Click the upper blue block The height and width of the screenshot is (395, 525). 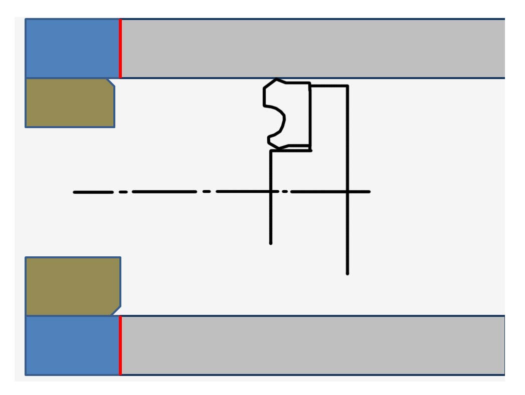pyautogui.click(x=72, y=48)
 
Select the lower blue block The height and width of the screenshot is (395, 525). pyautogui.click(x=72, y=345)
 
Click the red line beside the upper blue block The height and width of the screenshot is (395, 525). pyautogui.click(x=120, y=48)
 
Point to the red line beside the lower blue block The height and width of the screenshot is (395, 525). pyautogui.click(x=120, y=345)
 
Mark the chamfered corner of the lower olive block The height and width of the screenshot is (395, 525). pyautogui.click(x=116, y=311)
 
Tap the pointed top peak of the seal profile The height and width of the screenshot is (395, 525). pyautogui.click(x=276, y=79)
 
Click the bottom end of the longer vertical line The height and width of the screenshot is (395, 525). pyautogui.click(x=347, y=273)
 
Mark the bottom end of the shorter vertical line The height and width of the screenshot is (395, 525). pyautogui.click(x=271, y=243)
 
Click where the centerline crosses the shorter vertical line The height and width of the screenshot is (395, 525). pyautogui.click(x=271, y=191)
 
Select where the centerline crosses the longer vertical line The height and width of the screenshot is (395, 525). pyautogui.click(x=347, y=191)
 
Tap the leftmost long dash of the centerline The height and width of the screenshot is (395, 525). pyautogui.click(x=93, y=192)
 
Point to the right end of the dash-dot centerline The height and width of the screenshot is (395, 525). pyautogui.click(x=370, y=191)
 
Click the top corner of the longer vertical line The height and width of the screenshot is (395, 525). pyautogui.click(x=347, y=86)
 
